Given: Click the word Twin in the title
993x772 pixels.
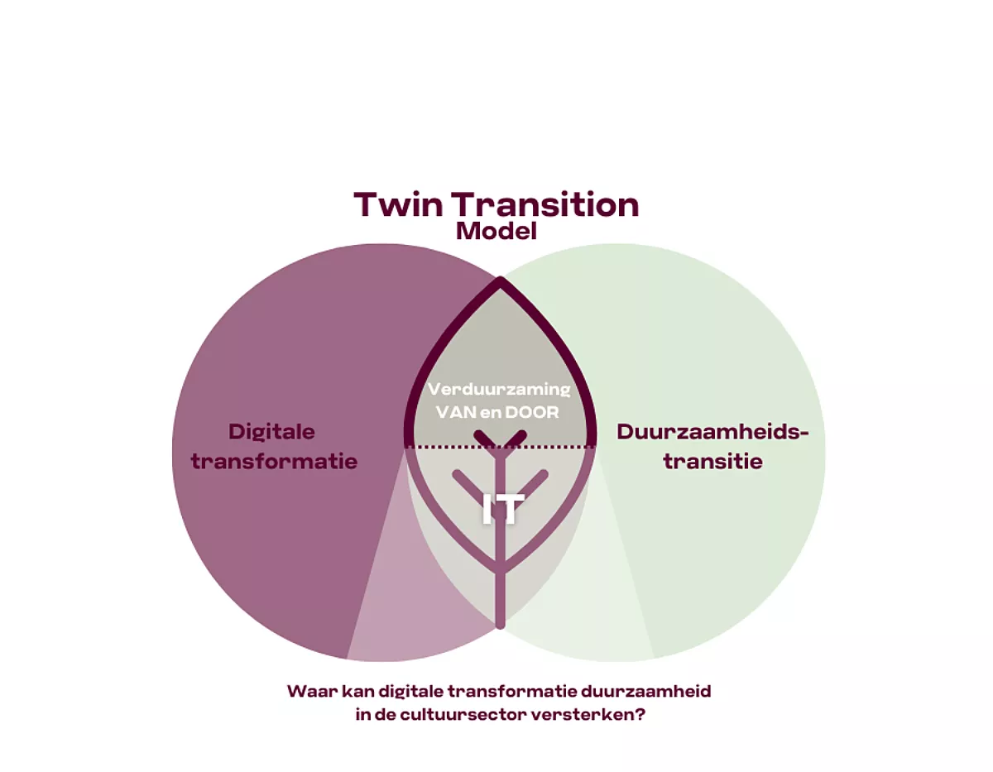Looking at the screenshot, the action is pos(399,204).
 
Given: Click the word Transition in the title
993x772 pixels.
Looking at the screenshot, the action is pos(545,204).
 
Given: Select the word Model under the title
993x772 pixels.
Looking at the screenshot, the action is pos(496,231).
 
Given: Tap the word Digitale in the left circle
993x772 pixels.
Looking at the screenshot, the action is pos(271,432).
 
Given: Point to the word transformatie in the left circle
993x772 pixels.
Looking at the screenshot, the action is pos(274,461).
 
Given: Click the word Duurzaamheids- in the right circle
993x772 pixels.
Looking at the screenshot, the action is pos(712,432).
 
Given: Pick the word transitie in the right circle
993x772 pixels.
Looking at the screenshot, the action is pos(712,461).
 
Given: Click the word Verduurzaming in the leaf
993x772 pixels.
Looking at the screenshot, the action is pos(500,389).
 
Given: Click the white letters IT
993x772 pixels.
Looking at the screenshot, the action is pos(502,509).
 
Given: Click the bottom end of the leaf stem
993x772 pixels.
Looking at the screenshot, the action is pos(501,626).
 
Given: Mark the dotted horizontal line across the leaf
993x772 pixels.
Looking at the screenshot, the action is pos(501,447).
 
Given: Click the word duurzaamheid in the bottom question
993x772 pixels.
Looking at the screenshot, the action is pos(646,691).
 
